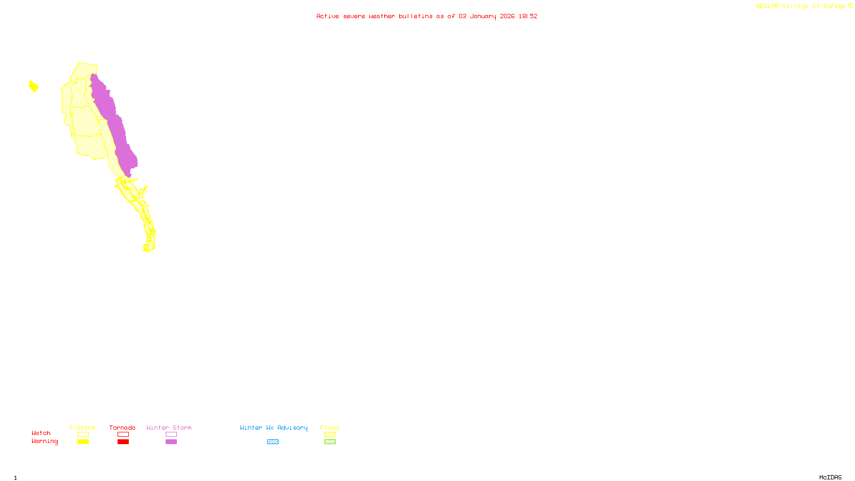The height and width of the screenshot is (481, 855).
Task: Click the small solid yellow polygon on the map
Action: tap(34, 86)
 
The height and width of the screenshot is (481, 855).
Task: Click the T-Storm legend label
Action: tap(82, 428)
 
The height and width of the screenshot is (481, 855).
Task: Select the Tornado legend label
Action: tap(122, 428)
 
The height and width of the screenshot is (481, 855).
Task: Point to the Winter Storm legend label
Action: tap(169, 428)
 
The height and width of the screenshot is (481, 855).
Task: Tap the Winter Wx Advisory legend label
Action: tap(274, 428)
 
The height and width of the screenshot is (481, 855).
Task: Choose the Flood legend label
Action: tap(330, 428)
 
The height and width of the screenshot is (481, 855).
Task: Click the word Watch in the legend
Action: tap(41, 433)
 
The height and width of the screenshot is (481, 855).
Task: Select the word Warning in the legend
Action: tap(44, 441)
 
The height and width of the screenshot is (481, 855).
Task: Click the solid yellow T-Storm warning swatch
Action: tap(83, 442)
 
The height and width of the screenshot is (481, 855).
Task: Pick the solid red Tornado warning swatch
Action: tap(123, 442)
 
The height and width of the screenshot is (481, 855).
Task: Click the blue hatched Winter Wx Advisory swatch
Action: tap(273, 442)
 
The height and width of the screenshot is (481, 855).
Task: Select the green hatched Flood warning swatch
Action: tap(330, 442)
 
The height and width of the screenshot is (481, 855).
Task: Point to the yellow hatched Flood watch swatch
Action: tap(330, 435)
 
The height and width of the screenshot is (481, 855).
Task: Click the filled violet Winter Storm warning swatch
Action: tap(171, 442)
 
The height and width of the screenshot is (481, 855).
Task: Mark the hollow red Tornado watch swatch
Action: tap(123, 435)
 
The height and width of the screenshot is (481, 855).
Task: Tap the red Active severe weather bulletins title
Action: tap(426, 16)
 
